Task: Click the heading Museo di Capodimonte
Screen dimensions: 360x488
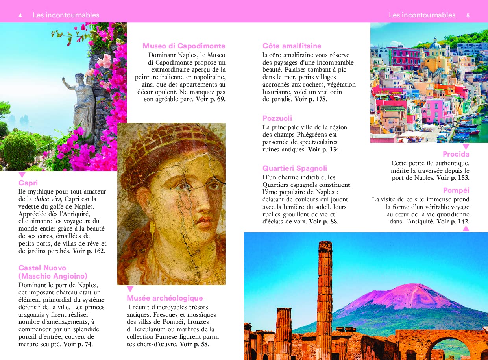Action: (184, 46)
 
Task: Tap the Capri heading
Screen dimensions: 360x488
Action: (28, 183)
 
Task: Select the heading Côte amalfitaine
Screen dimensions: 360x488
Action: (292, 46)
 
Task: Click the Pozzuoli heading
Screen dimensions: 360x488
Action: (277, 118)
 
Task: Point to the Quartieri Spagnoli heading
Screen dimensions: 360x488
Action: (295, 168)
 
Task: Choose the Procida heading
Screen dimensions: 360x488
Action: (456, 154)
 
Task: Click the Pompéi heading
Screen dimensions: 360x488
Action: (456, 190)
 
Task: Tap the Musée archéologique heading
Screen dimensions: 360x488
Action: (165, 298)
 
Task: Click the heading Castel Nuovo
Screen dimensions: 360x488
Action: (42, 268)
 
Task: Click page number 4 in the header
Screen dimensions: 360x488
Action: (20, 15)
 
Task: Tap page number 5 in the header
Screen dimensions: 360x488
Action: (468, 15)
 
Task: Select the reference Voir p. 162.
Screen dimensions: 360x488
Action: (89, 251)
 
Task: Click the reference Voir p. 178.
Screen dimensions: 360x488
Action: (311, 99)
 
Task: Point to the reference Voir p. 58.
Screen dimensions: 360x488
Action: (194, 344)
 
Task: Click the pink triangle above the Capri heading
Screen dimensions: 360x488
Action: (22, 175)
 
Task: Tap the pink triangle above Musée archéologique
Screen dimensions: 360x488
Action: (130, 289)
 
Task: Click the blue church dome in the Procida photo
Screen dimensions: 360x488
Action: (435, 44)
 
